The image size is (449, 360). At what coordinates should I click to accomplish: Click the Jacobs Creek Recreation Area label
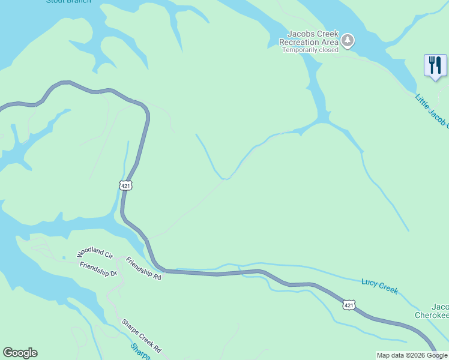[309, 38]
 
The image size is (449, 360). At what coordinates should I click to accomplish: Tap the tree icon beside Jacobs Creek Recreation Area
[348, 41]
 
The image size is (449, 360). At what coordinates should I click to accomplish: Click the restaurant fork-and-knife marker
[435, 65]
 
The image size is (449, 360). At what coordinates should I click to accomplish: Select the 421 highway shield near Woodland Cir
[125, 186]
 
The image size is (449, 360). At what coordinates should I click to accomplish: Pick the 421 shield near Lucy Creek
[349, 305]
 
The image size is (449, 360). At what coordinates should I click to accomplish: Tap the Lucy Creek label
[379, 286]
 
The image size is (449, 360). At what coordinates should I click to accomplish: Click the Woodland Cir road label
[95, 253]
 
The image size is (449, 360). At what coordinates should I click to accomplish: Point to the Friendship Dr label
[98, 269]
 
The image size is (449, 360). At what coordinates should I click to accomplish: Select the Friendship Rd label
[144, 268]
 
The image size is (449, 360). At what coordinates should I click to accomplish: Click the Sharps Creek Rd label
[141, 335]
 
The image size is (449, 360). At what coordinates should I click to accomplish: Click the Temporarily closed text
[310, 50]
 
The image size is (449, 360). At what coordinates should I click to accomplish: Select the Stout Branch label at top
[68, 2]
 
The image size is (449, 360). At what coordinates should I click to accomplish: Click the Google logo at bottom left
[20, 353]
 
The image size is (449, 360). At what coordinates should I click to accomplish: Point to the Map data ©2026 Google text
[412, 355]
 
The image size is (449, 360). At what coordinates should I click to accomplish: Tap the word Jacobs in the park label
[298, 34]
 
